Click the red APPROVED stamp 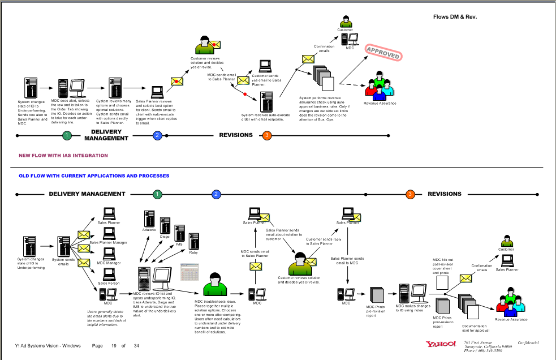(383, 53)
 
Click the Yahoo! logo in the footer (441, 344)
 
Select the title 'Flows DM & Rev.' (455, 16)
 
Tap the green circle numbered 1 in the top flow (67, 135)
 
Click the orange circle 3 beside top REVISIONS (267, 135)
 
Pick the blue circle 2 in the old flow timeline (216, 194)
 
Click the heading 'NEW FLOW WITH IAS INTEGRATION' (63, 155)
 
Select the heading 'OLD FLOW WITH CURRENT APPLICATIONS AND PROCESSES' (94, 176)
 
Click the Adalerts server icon (149, 218)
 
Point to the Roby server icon (194, 241)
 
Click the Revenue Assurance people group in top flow (380, 87)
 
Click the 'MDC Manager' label (109, 263)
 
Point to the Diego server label (164, 237)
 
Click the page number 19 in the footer (113, 346)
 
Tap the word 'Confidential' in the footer (528, 342)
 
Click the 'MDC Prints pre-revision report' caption (375, 313)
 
